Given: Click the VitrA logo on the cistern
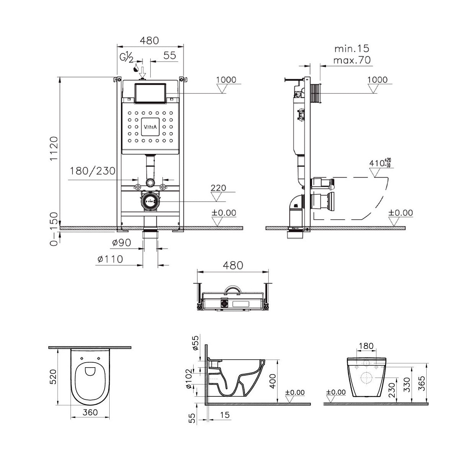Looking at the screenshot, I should coord(150,127).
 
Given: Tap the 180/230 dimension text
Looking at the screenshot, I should coord(92,171).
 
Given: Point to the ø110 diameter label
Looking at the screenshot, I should coord(110,259).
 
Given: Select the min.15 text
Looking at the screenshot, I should coord(352,49).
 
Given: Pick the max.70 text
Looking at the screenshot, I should coord(352,60).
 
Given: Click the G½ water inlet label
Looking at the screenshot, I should coord(126,58).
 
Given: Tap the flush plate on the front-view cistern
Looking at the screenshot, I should coord(150,93).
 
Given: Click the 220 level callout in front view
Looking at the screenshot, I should coord(218,188).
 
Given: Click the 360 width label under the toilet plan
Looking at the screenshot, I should coord(90,412).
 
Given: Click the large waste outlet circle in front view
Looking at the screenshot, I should coord(150,201).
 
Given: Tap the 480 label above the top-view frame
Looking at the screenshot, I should coord(232,265).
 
